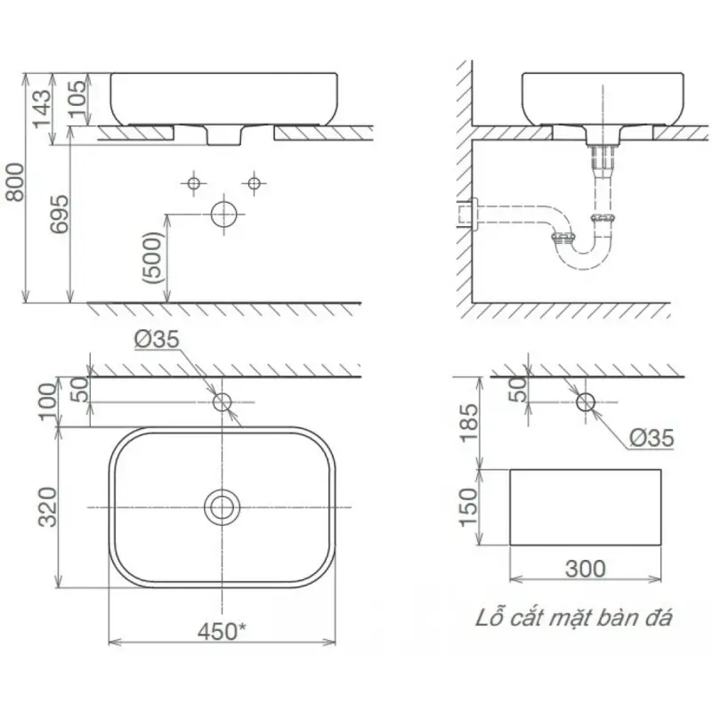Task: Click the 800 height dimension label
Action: click(x=14, y=182)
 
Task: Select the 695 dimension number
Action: click(x=60, y=214)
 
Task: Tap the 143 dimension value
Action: click(x=42, y=109)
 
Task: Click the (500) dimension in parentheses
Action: click(x=152, y=258)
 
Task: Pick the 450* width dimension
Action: click(x=222, y=631)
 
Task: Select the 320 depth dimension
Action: click(x=47, y=507)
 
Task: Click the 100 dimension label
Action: click(x=48, y=402)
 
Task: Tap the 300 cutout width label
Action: click(x=586, y=569)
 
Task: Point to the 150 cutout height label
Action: click(x=469, y=507)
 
